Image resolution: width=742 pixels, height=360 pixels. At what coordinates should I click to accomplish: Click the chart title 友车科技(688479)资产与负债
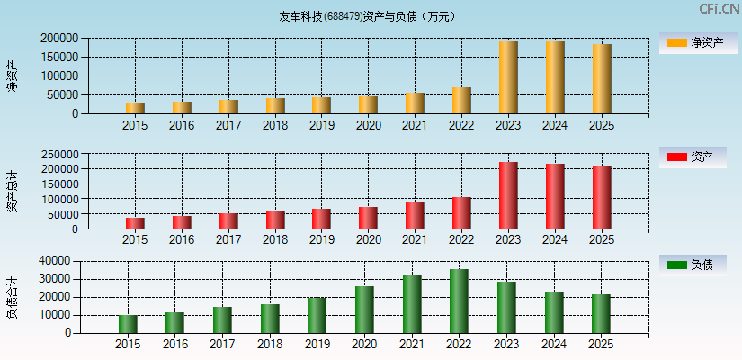[x=366, y=16]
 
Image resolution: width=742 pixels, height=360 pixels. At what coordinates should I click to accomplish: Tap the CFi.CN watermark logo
[x=719, y=9]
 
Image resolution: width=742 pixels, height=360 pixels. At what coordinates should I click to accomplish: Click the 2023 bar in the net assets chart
[x=508, y=77]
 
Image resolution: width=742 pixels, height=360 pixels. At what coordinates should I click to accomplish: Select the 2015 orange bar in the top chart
[x=135, y=108]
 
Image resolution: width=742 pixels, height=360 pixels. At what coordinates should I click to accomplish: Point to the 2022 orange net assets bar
[x=461, y=101]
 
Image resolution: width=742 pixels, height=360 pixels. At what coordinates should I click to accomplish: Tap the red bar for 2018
[x=275, y=220]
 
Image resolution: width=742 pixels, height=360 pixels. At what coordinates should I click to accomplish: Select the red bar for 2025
[x=602, y=198]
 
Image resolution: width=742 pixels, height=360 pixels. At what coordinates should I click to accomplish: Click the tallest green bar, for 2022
[x=459, y=301]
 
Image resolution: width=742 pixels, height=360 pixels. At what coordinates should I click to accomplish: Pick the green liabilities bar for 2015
[x=128, y=324]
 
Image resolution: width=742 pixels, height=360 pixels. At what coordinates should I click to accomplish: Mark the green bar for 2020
[x=364, y=310]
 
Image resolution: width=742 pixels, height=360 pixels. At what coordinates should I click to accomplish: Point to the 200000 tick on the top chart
[x=58, y=39]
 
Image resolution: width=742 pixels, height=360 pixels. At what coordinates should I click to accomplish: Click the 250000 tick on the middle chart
[x=58, y=154]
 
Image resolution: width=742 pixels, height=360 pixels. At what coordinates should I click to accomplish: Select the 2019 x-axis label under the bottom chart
[x=317, y=344]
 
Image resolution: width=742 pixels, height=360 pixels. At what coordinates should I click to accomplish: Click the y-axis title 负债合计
[x=12, y=297]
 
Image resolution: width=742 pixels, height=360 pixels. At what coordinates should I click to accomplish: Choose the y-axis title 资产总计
[x=12, y=191]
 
